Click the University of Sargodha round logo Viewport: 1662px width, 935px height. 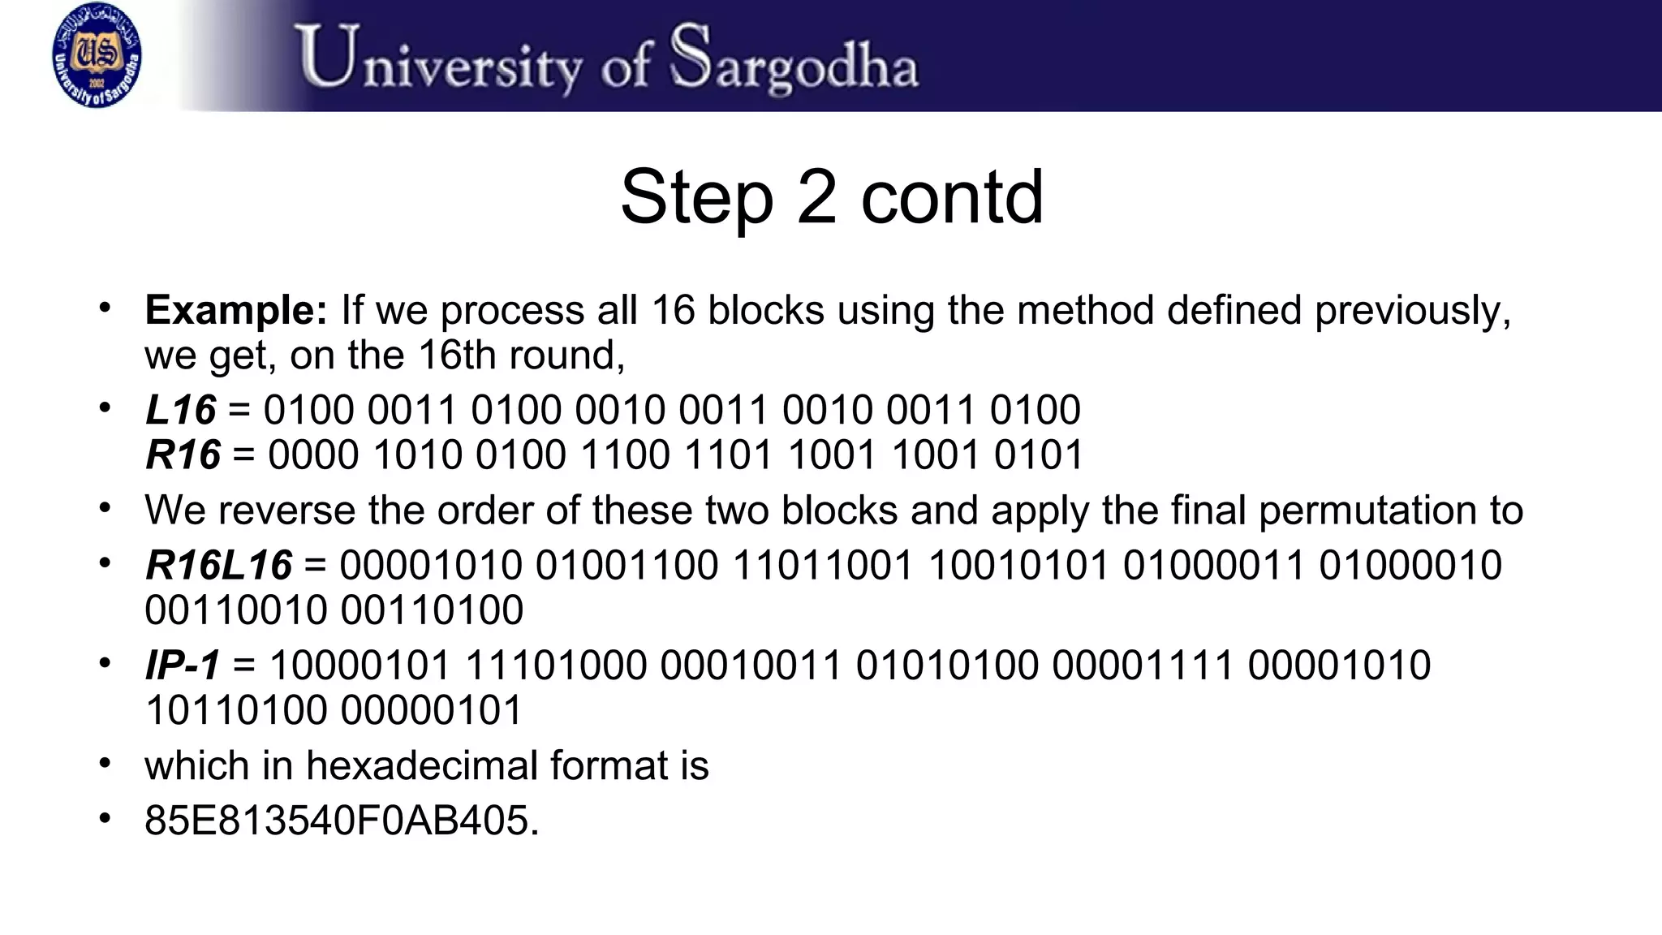click(x=96, y=55)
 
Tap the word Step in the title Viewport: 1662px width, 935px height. click(x=696, y=197)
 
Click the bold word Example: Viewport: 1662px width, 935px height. click(x=236, y=310)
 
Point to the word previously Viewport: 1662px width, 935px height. click(x=1413, y=310)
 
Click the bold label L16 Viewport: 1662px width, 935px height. click(x=181, y=410)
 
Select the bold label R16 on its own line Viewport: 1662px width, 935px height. click(x=183, y=455)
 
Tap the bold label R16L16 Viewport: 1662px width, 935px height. click(x=218, y=565)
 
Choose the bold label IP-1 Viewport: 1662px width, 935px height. click(x=183, y=666)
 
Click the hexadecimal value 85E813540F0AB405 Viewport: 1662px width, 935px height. click(x=341, y=821)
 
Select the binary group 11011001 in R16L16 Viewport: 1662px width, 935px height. click(x=823, y=565)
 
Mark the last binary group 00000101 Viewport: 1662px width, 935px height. click(x=432, y=710)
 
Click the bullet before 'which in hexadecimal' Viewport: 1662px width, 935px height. click(x=104, y=764)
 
